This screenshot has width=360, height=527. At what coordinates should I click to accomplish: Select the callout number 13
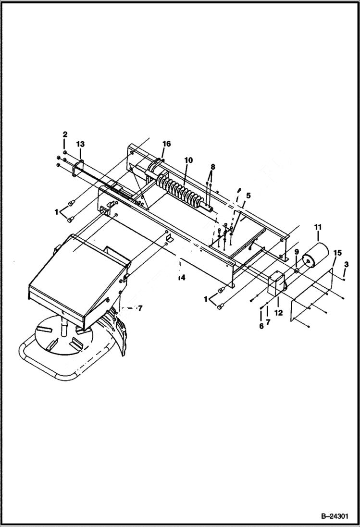pyautogui.click(x=80, y=144)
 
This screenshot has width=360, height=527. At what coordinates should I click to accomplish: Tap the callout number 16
pyautogui.click(x=166, y=144)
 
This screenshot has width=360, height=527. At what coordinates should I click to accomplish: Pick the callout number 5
pyautogui.click(x=248, y=196)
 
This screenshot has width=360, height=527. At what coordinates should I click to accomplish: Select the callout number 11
pyautogui.click(x=318, y=226)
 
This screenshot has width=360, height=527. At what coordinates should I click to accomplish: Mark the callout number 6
pyautogui.click(x=261, y=326)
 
